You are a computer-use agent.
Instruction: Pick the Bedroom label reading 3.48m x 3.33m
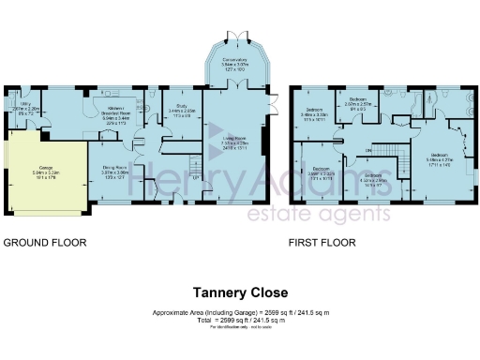tap(315, 113)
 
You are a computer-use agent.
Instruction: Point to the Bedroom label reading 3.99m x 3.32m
tap(321, 172)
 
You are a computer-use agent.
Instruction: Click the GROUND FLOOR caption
tap(45, 242)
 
